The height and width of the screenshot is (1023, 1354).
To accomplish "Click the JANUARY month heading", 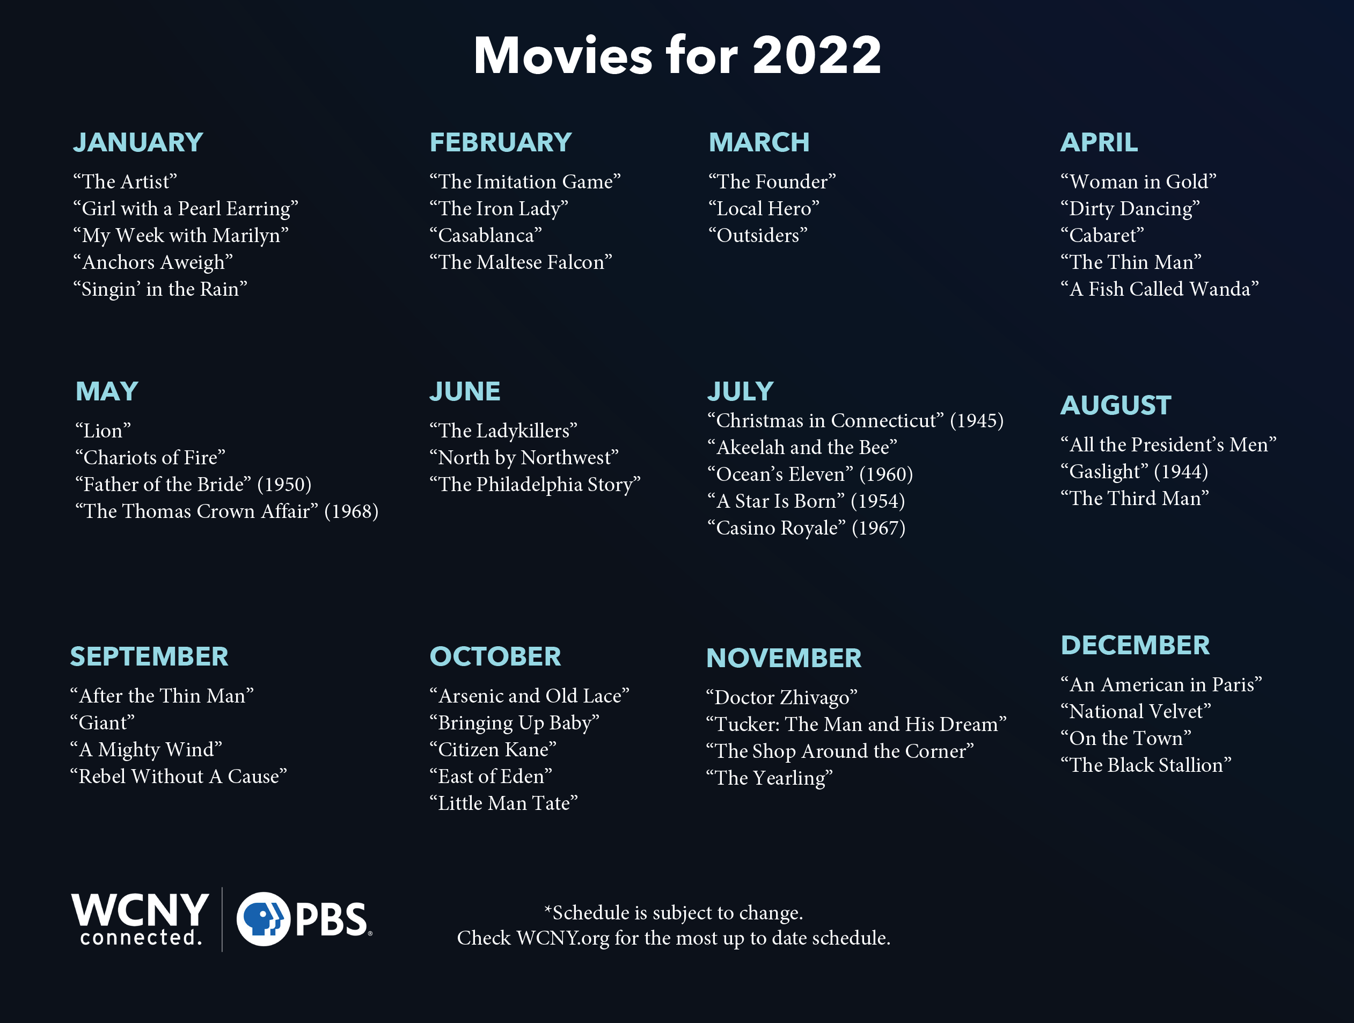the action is coord(138,142).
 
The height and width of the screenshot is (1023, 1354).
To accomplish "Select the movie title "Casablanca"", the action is coord(485,235).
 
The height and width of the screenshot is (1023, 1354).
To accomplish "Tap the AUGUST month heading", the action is coord(1116,405).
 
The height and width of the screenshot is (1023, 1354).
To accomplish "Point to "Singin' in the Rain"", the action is coord(160,289).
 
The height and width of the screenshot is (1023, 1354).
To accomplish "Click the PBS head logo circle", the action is coord(263,919).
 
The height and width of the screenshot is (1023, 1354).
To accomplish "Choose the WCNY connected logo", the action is coord(140,919).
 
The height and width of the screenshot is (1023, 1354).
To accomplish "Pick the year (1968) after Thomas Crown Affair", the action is coord(352,511).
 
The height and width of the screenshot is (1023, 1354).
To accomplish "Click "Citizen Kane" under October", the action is coord(493,749).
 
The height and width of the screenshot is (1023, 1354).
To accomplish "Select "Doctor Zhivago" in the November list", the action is coord(782,697).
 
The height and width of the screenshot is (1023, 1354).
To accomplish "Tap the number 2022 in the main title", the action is coord(817,55).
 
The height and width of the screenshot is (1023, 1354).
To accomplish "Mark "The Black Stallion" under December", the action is coord(1146,765).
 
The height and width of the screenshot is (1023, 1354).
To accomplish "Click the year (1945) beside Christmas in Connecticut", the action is coord(977,421).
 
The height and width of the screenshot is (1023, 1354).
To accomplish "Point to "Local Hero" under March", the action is coord(764,208).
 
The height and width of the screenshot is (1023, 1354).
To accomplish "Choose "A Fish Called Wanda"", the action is coord(1159,289).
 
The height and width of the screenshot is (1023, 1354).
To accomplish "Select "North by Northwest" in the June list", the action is coord(524,457).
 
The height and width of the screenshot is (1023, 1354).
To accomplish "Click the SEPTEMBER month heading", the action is coord(149,656).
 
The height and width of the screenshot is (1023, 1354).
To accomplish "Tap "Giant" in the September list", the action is coord(102,723).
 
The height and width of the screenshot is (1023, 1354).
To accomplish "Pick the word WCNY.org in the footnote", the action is coord(562,938).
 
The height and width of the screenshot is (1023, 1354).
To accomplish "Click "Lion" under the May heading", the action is coord(103,430).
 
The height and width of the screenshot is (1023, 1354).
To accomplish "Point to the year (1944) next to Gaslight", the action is coord(1181,471).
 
